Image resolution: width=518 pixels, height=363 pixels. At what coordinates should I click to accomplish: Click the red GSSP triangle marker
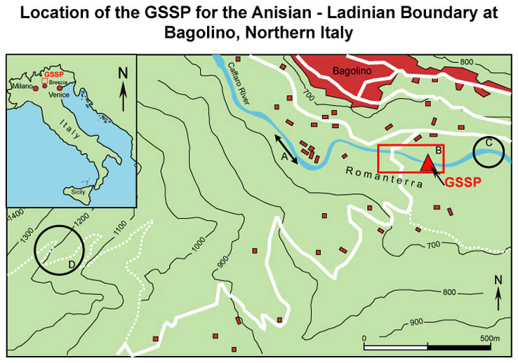pyautogui.click(x=427, y=163)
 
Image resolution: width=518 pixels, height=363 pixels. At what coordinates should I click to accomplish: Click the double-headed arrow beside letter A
pyautogui.click(x=286, y=152)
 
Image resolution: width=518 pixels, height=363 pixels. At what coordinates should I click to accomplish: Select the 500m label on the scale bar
pyautogui.click(x=489, y=339)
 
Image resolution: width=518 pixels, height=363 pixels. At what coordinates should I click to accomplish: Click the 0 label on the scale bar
pyautogui.click(x=364, y=339)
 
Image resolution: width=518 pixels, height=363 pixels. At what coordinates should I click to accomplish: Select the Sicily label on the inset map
pyautogui.click(x=75, y=190)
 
